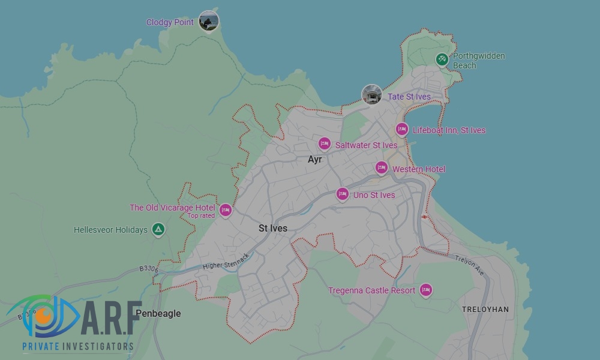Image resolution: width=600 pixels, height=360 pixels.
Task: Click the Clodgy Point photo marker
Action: pyautogui.click(x=208, y=21)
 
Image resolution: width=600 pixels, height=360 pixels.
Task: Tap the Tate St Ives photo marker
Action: pyautogui.click(x=372, y=95)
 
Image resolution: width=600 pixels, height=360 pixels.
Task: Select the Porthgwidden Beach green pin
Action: pyautogui.click(x=442, y=59)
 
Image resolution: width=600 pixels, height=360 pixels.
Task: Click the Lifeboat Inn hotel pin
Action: pyautogui.click(x=401, y=130)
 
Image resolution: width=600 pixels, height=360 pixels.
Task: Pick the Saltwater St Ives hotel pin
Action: pyautogui.click(x=324, y=144)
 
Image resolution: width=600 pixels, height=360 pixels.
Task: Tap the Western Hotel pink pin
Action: pyautogui.click(x=381, y=168)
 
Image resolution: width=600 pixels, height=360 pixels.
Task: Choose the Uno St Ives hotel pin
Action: pyautogui.click(x=342, y=194)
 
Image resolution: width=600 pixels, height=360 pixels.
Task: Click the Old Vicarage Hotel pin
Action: pyautogui.click(x=226, y=209)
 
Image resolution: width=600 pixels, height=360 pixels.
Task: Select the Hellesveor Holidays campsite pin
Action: pyautogui.click(x=158, y=229)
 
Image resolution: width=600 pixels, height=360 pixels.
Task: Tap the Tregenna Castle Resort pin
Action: pyautogui.click(x=426, y=290)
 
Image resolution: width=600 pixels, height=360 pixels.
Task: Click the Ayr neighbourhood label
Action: pyautogui.click(x=314, y=160)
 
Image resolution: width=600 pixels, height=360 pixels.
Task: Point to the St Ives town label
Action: pyautogui.click(x=273, y=229)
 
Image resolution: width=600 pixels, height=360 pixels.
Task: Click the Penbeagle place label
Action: pyautogui.click(x=158, y=313)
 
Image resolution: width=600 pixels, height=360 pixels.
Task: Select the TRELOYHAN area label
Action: pyautogui.click(x=485, y=310)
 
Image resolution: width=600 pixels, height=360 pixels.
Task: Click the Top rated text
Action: pyautogui.click(x=201, y=216)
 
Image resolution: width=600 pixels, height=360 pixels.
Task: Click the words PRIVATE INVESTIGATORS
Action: pyautogui.click(x=77, y=346)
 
